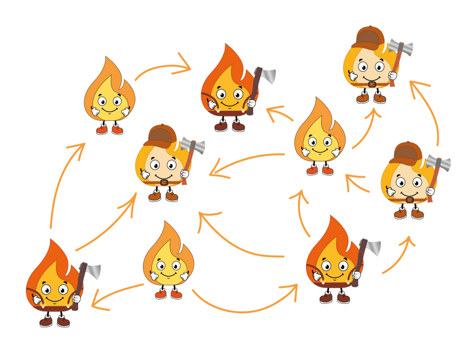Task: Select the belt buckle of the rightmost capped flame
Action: coord(410,200)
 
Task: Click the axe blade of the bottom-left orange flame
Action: coord(92,271)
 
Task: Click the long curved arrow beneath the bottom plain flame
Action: coord(246,304)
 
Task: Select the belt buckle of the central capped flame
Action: coord(164,181)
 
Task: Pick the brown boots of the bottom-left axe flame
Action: coord(54,321)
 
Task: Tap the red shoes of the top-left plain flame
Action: coord(109,129)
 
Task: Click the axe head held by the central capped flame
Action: coord(192,147)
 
